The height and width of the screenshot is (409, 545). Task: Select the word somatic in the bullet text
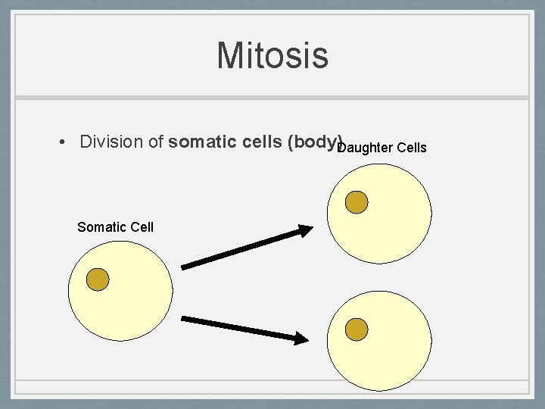(x=199, y=142)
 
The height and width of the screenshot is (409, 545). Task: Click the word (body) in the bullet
(x=314, y=142)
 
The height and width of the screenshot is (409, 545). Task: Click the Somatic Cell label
(x=115, y=226)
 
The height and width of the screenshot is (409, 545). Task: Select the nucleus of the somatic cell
(x=98, y=279)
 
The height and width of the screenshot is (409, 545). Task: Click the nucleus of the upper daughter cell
(x=357, y=201)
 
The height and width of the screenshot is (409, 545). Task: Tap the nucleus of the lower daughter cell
(x=357, y=329)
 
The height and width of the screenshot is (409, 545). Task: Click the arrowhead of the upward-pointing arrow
(x=304, y=231)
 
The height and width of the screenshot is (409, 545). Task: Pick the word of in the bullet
(x=156, y=142)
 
